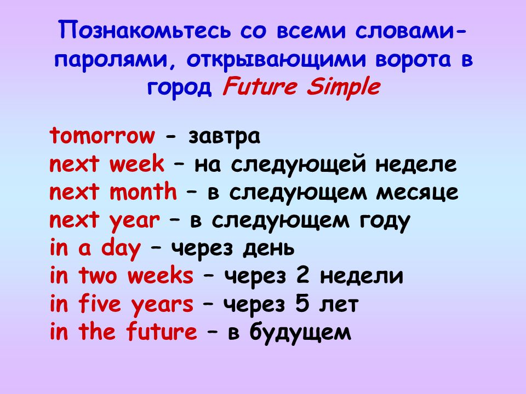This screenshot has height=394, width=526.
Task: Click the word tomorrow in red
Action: (x=102, y=136)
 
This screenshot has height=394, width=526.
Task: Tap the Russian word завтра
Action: (x=224, y=137)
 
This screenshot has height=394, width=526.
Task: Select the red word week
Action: (x=137, y=164)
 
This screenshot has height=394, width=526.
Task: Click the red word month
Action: (x=143, y=192)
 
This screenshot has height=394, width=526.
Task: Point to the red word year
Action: (x=135, y=222)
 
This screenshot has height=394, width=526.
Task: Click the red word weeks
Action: (x=161, y=275)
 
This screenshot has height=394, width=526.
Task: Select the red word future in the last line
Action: (x=162, y=331)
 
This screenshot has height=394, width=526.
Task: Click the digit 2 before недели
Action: (x=302, y=276)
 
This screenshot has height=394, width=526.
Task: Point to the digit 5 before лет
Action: (x=302, y=304)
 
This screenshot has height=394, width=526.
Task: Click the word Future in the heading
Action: (x=260, y=86)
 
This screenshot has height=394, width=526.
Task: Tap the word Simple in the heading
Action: (x=343, y=88)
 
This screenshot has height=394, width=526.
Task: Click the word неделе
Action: (x=416, y=165)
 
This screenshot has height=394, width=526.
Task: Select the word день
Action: (x=268, y=249)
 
